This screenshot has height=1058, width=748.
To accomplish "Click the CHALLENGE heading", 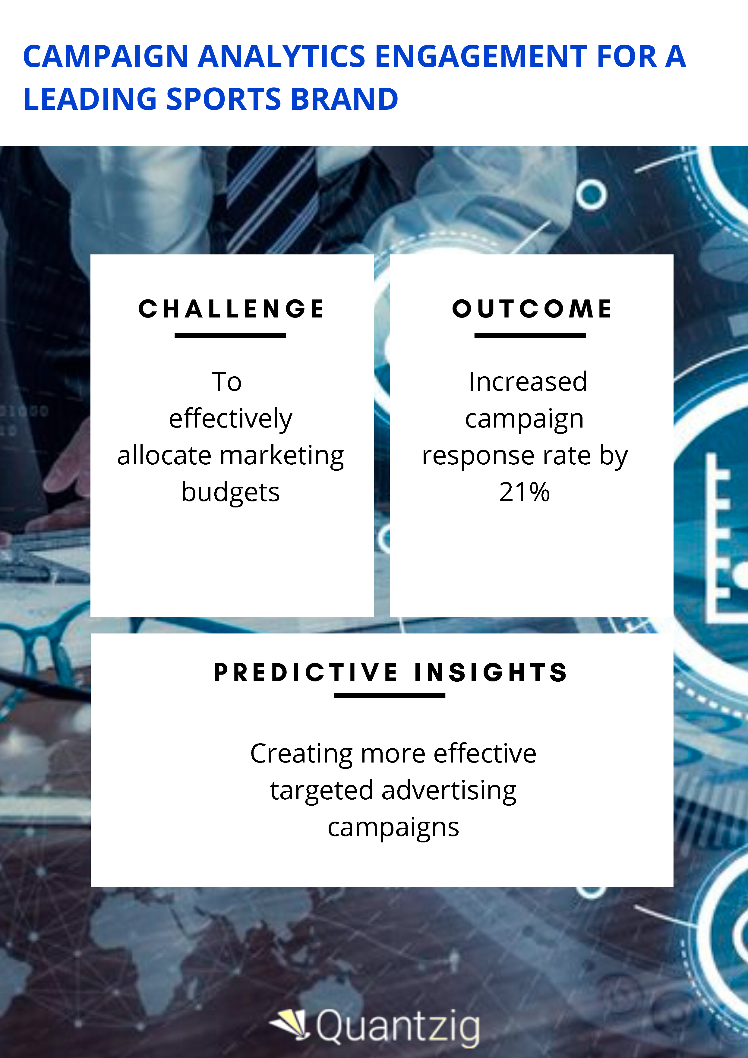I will tap(231, 309).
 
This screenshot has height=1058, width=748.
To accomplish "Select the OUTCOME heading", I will tap(532, 309).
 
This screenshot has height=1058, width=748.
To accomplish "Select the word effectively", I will tap(230, 418).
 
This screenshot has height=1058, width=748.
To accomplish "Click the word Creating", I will tap(301, 754).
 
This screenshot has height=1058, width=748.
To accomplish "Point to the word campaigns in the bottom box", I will tap(393, 828).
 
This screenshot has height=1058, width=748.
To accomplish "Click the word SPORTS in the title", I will tap(223, 99).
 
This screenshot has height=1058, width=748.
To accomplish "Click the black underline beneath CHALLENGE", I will tap(230, 336).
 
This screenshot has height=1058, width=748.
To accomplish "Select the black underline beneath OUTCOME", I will tap(530, 336).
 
